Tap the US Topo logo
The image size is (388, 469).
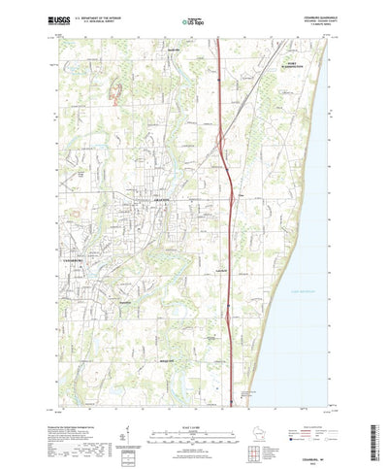[193, 20]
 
